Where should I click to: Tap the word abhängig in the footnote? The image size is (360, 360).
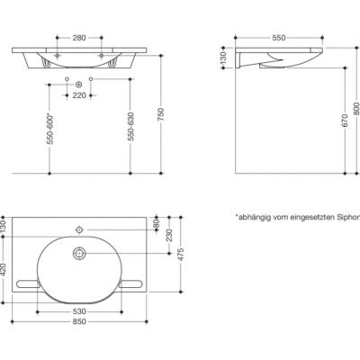[x=255, y=217]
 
